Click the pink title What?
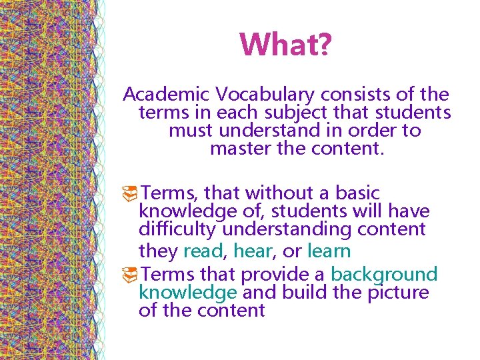click(285, 45)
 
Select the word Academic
click(165, 95)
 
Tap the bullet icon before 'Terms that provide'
click(131, 275)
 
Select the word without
click(276, 193)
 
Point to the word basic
click(357, 193)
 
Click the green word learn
click(329, 251)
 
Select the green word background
click(384, 274)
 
